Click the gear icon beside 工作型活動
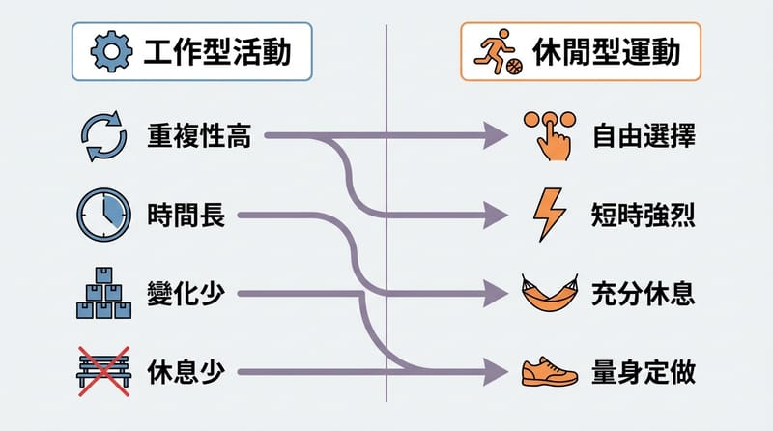click(x=109, y=53)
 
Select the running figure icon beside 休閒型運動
click(x=499, y=53)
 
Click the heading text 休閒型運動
click(x=607, y=53)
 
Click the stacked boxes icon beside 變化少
click(x=101, y=292)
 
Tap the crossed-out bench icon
click(x=101, y=370)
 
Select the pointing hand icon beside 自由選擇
click(x=548, y=135)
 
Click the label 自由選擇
click(x=644, y=137)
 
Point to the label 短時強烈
click(x=644, y=215)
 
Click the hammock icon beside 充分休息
click(x=548, y=292)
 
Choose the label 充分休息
click(x=644, y=292)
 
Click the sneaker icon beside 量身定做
click(x=548, y=370)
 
